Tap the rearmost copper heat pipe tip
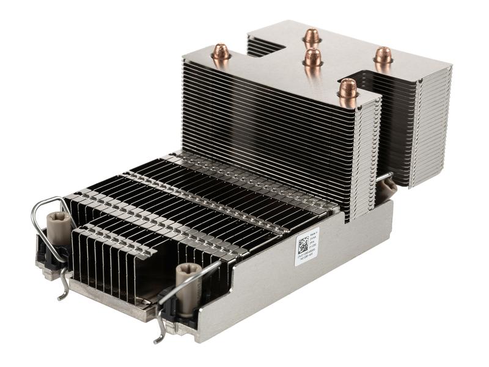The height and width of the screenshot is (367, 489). pos(312,36)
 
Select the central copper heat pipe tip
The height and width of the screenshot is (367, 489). pos(313,57)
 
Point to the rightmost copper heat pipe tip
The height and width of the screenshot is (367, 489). pos(383,55)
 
